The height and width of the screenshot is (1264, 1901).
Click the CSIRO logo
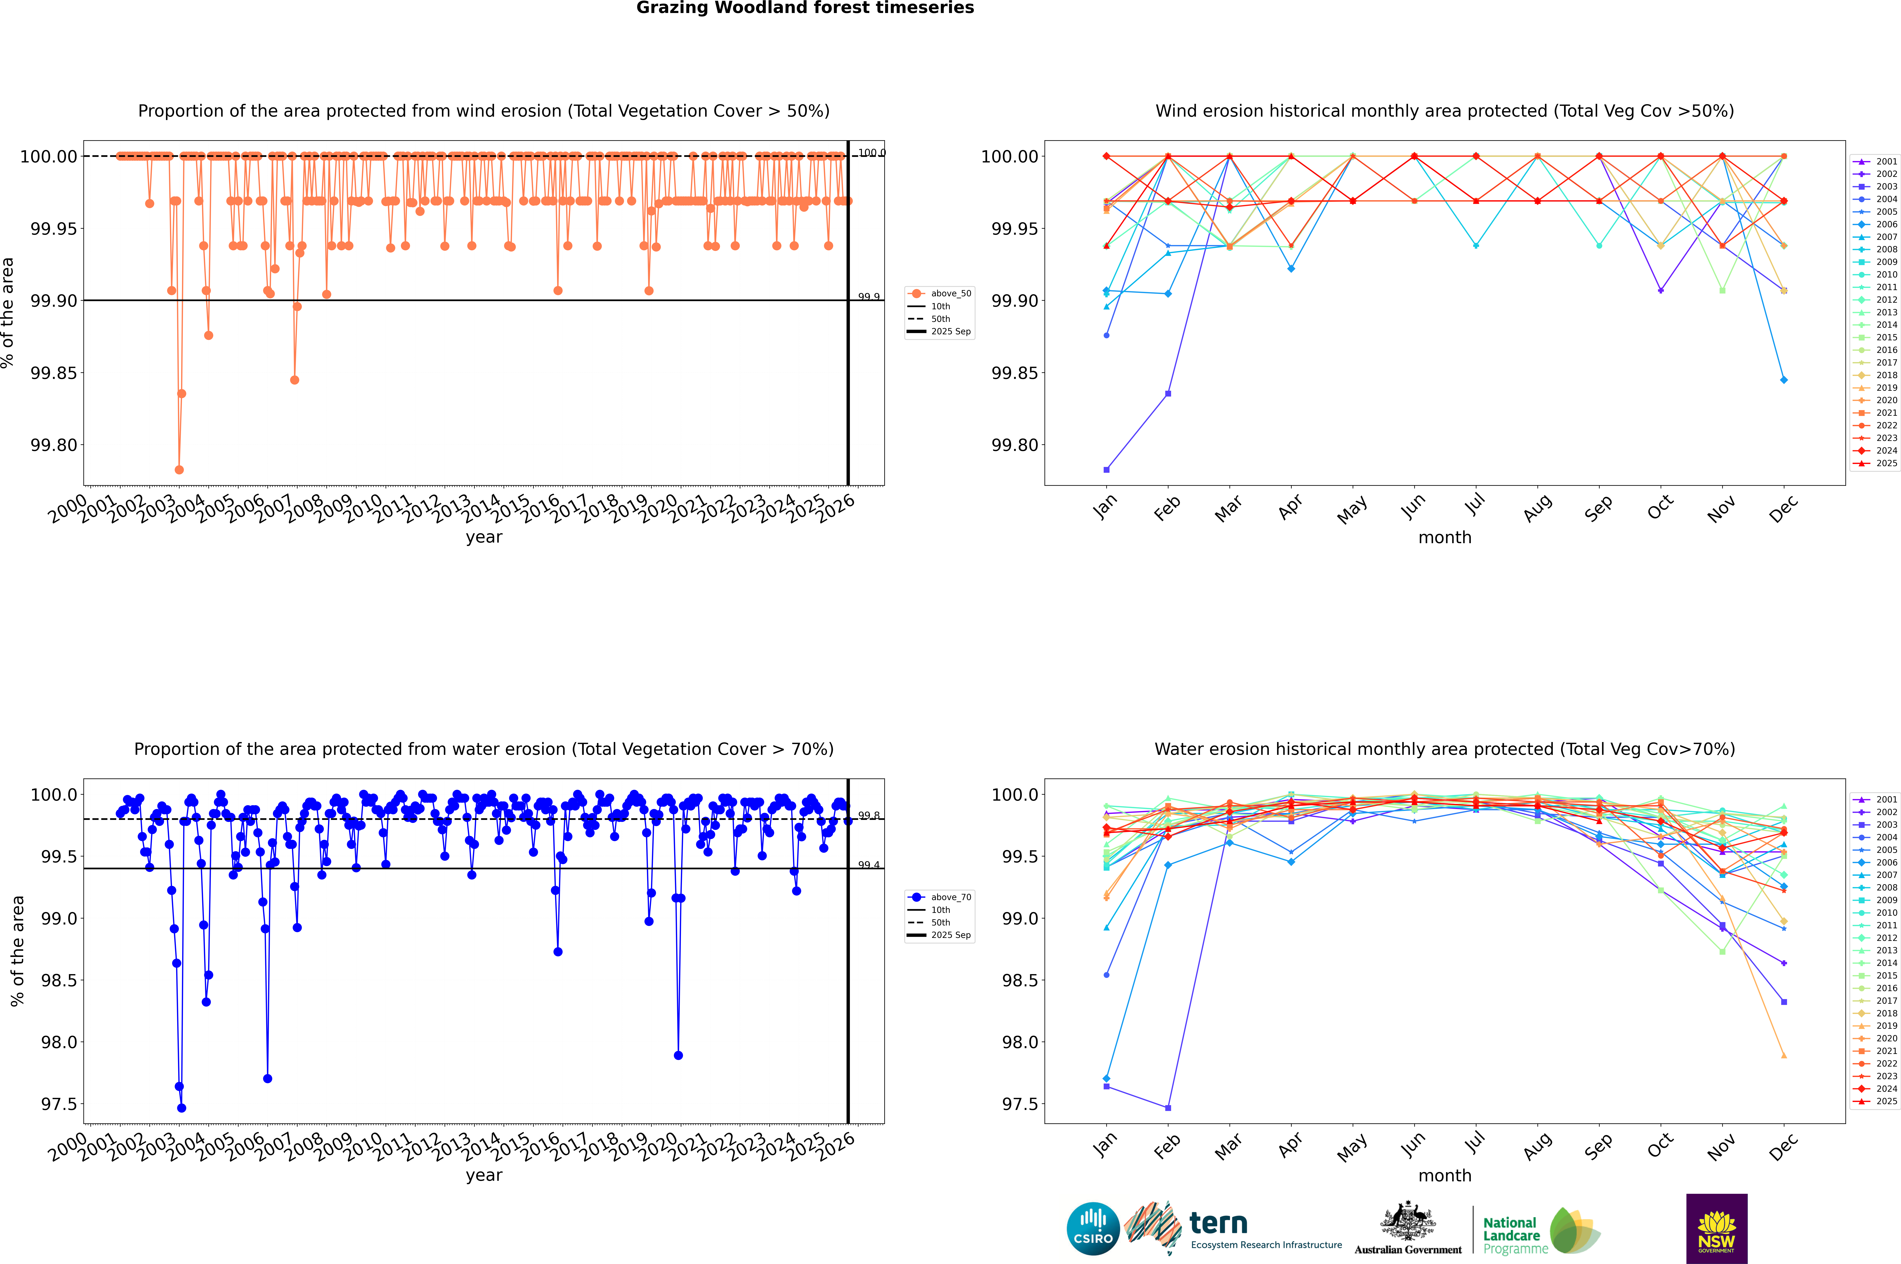click(1093, 1229)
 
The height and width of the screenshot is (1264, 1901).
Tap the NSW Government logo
click(1716, 1229)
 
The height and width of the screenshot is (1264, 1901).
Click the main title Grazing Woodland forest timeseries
click(805, 8)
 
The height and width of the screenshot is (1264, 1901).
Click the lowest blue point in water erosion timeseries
click(181, 1108)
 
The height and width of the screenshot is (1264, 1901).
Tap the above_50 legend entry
click(940, 293)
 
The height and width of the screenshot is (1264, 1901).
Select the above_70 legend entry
click(940, 897)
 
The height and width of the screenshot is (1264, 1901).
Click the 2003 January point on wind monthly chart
click(1106, 469)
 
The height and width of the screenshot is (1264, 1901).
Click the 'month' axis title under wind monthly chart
click(1445, 538)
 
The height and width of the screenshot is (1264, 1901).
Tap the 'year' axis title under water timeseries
click(484, 1175)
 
